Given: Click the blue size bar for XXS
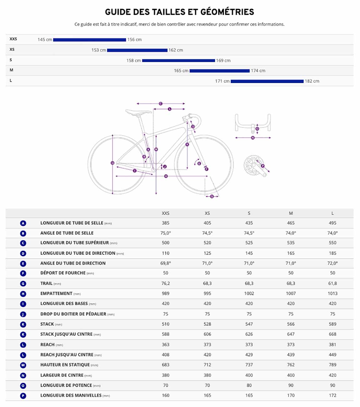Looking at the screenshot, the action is click(90, 40).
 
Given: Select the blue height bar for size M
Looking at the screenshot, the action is click(220, 71).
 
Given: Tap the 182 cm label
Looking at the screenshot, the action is click(312, 81).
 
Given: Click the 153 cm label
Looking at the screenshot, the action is click(99, 50).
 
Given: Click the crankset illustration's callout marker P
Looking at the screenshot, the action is click(263, 166).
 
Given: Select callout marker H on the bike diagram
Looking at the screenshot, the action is click(166, 176).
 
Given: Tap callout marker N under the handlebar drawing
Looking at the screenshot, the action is click(253, 138).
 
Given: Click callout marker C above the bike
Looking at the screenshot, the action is click(161, 104).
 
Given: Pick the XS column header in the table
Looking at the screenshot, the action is click(208, 213).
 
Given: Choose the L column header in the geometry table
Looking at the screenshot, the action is click(332, 213).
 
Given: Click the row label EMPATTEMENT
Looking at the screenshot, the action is click(56, 294).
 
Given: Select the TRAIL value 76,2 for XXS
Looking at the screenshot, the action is click(166, 284).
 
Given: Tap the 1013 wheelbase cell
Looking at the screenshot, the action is click(332, 294).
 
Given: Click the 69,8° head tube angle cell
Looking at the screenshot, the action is click(166, 263).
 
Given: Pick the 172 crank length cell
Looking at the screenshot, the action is click(332, 395).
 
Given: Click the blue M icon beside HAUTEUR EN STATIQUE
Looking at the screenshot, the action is click(23, 365).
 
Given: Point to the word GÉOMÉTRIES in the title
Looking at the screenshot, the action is click(227, 12).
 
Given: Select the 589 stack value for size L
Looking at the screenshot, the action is click(332, 324).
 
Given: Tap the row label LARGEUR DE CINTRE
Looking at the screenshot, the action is click(62, 375).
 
